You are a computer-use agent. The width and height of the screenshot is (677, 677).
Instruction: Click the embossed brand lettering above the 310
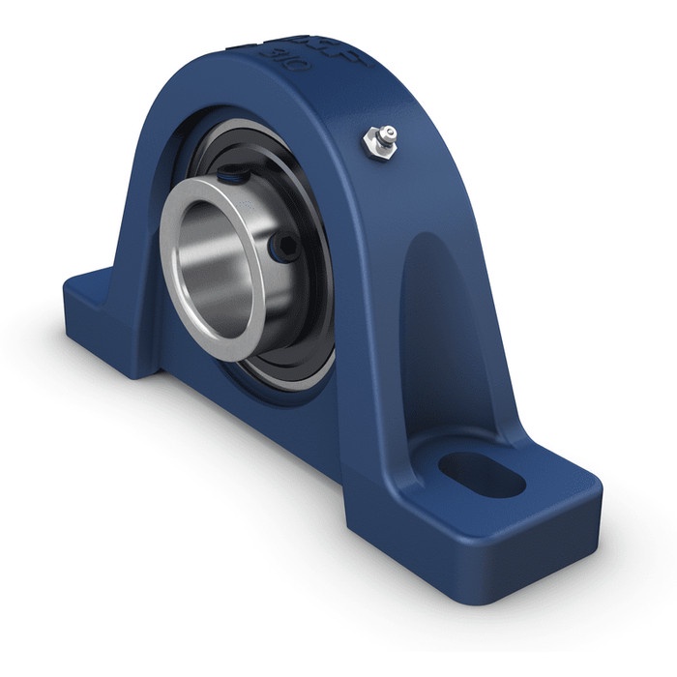[344, 53]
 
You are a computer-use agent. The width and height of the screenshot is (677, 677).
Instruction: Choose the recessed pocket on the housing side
[445, 319]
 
